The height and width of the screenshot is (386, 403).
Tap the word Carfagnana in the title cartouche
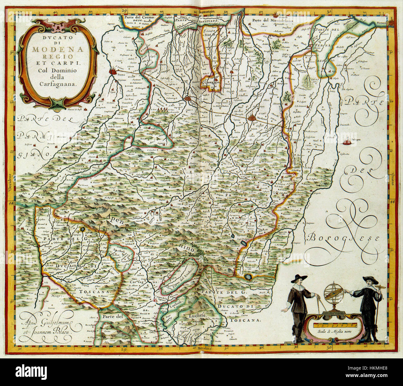[x=58, y=83]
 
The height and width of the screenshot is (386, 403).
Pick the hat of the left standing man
[x=301, y=277]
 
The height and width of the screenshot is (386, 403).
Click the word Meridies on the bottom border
[x=201, y=348]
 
